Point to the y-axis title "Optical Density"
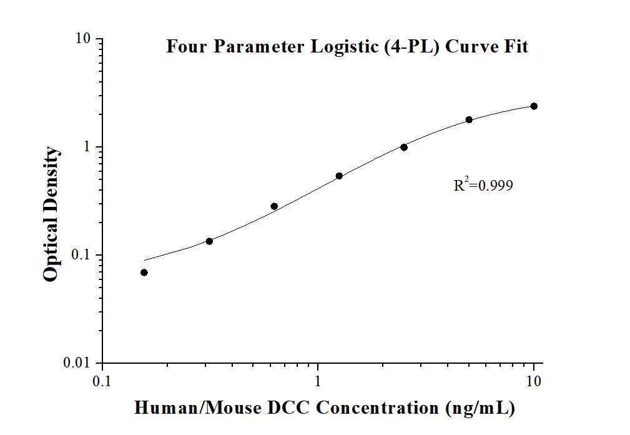(x=52, y=214)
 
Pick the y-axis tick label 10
(x=84, y=39)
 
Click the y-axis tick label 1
(x=88, y=147)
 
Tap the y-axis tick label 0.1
(x=82, y=255)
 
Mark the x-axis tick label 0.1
(x=102, y=381)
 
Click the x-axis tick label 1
(x=318, y=381)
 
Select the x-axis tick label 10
(x=534, y=381)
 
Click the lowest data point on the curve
(x=144, y=272)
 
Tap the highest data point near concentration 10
(x=534, y=106)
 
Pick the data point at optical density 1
(x=404, y=147)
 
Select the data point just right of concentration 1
(x=339, y=176)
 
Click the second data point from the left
(x=209, y=241)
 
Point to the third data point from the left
(x=274, y=206)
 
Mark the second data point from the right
(x=469, y=120)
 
